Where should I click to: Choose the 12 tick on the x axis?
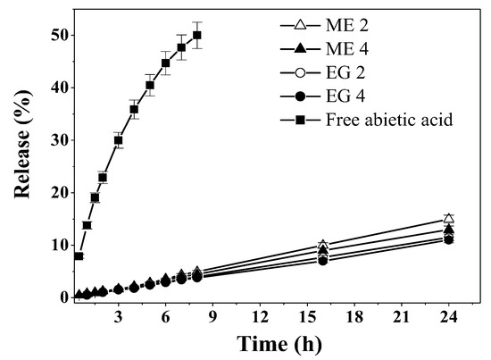[x=260, y=315]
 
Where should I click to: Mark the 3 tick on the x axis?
[x=119, y=315]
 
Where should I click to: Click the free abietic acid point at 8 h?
[x=197, y=36]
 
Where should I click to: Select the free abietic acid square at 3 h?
[x=119, y=140]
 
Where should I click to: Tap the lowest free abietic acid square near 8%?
[x=79, y=256]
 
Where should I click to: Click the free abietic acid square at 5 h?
[x=150, y=86]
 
